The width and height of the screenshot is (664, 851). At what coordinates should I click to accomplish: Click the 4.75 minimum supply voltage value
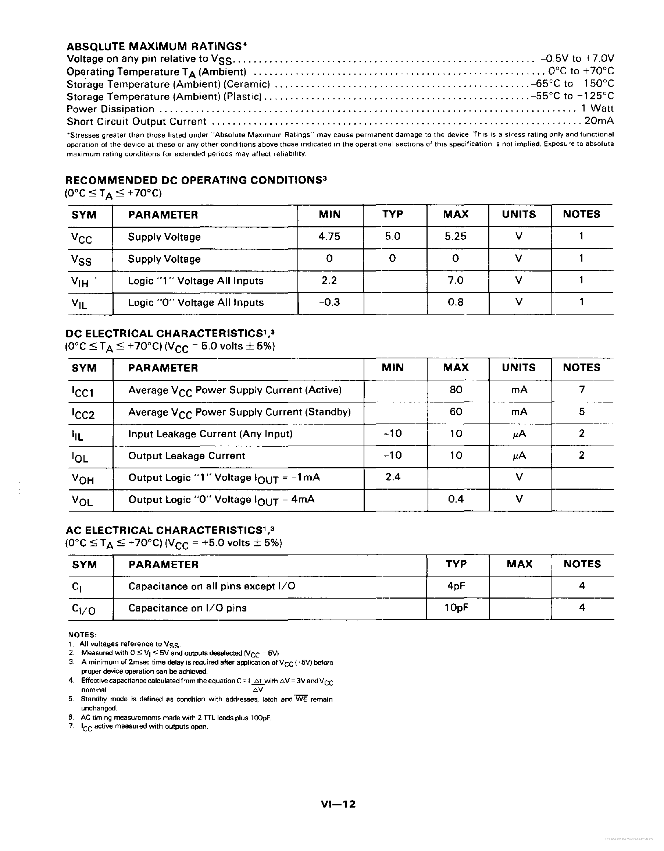coord(329,237)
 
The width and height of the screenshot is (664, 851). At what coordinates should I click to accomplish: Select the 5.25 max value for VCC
coord(455,237)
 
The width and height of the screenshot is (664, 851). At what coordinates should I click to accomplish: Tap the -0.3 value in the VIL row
coord(329,302)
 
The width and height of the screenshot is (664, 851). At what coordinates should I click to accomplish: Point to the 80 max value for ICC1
coord(456,389)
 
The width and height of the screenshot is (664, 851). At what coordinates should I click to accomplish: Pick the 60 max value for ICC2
coord(456,411)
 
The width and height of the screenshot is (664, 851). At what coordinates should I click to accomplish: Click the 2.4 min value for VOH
coord(393,477)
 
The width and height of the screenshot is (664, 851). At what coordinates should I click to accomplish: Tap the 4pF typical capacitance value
coord(456,586)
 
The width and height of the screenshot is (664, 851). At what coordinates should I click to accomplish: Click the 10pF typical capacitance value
coord(456,607)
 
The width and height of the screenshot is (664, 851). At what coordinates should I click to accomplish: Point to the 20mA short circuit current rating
coord(599,121)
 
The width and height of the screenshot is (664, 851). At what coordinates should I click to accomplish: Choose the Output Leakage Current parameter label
coord(186,455)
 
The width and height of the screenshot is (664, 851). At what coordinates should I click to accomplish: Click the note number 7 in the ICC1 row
coord(582,389)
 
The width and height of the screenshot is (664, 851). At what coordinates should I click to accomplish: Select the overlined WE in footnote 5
coord(301,699)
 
